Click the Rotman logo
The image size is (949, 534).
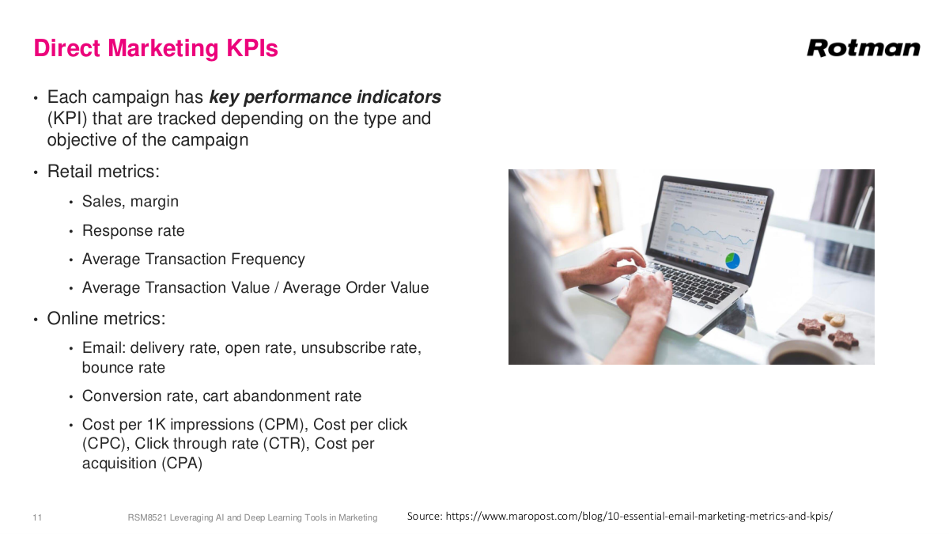pos(863,48)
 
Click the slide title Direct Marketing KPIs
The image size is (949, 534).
pos(156,48)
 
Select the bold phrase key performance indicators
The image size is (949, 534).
pos(325,97)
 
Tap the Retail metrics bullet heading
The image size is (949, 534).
pos(103,172)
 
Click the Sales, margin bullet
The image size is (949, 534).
pos(130,202)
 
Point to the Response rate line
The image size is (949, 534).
pos(133,231)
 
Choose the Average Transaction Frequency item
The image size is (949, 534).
pos(193,259)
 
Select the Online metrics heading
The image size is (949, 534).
pos(106,319)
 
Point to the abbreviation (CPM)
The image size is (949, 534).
pos(283,425)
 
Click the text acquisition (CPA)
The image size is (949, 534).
pos(142,464)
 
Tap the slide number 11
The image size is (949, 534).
pos(37,517)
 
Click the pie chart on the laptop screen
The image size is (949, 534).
pos(733,259)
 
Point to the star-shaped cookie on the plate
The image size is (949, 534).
pos(844,339)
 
